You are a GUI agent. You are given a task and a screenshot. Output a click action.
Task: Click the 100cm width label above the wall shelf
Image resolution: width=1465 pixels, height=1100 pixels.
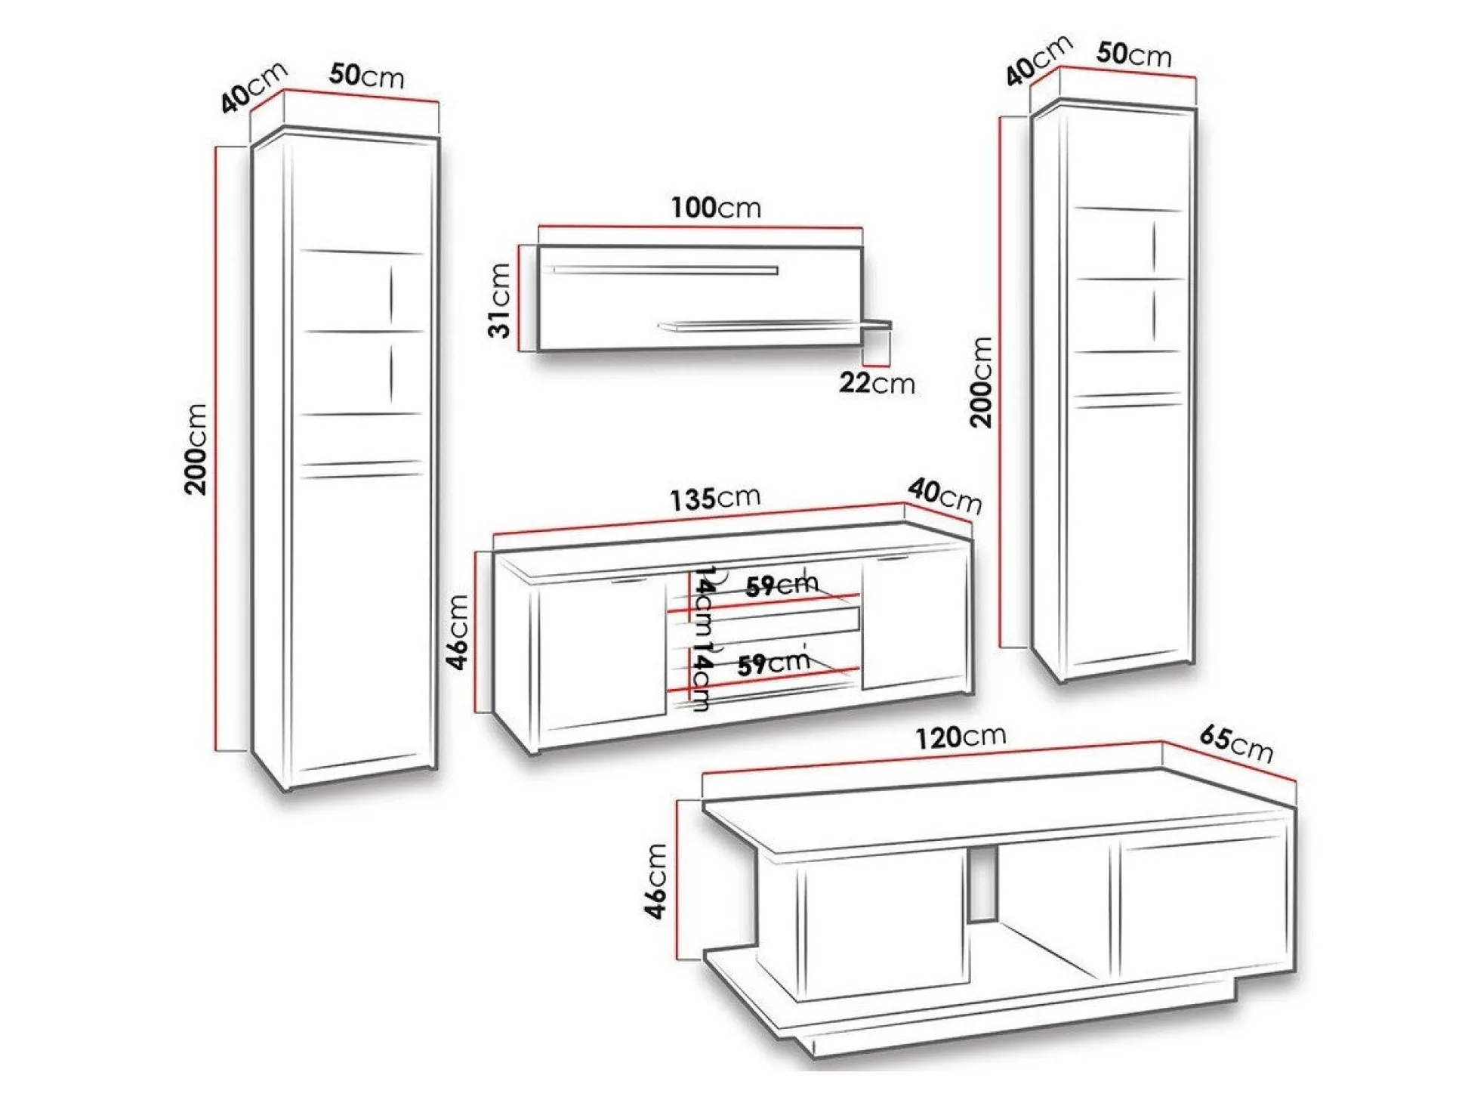716,207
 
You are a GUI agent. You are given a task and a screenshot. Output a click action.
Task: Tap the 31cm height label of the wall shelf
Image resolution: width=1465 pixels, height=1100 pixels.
500,300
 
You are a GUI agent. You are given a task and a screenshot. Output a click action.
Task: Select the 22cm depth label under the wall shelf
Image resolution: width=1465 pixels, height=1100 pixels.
877,383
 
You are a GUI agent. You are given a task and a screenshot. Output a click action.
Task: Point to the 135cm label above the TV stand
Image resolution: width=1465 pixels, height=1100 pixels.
715,499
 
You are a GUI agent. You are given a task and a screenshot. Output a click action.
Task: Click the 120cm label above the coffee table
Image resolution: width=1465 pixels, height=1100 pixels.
961,737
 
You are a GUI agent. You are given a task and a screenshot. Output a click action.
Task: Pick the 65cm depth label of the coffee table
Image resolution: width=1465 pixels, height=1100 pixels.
1236,744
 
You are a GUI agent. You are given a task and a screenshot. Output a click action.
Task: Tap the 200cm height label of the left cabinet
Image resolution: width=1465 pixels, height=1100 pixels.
196,449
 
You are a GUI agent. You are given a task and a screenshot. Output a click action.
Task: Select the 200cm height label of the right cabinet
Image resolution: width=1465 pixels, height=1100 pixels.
981,382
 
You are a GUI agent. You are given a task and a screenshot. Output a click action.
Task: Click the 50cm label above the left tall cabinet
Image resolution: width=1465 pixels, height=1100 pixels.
366,76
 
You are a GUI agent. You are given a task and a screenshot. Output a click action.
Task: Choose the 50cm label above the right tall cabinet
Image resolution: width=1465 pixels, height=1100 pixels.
1133,54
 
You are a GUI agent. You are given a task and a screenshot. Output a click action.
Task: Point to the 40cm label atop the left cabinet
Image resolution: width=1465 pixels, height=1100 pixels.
254,86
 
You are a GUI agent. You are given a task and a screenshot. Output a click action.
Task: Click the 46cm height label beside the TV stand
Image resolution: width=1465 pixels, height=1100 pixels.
458,632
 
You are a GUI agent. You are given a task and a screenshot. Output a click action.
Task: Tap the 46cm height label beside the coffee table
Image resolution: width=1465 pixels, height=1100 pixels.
655,881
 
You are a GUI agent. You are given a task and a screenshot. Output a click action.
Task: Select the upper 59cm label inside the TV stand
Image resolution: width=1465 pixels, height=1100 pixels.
782,585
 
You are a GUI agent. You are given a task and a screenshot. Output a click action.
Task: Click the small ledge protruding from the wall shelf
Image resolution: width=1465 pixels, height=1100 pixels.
877,326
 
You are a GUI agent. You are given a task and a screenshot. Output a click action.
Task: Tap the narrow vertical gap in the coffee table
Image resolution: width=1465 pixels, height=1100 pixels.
982,883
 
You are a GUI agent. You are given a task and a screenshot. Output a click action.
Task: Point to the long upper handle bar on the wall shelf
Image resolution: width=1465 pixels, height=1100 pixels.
665,270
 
